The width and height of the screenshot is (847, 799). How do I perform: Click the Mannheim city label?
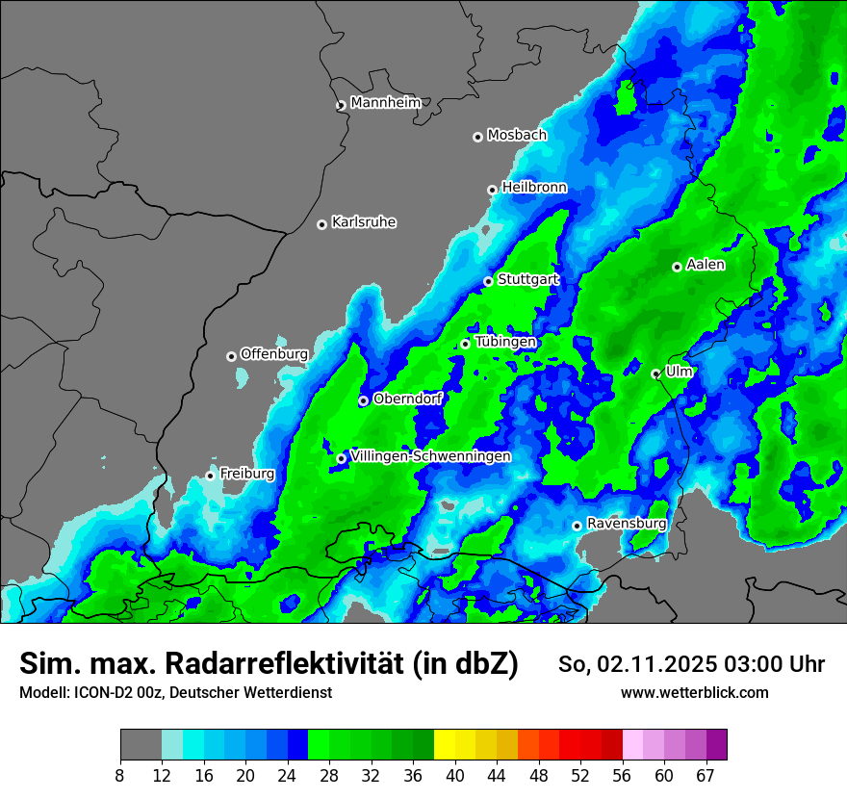(386, 103)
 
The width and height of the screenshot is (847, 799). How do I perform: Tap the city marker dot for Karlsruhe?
(322, 224)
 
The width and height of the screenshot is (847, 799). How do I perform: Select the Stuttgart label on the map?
(528, 279)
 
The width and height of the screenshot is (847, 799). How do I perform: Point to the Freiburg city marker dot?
(210, 476)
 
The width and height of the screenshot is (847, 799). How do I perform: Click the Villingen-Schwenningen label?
(430, 456)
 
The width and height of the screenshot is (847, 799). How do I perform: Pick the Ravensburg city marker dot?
(577, 526)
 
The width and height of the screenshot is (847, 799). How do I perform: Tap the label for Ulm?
(680, 372)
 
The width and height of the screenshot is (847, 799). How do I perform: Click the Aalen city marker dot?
(677, 267)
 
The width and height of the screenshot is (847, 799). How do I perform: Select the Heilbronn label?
(534, 188)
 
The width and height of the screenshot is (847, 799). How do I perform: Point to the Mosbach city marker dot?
(477, 137)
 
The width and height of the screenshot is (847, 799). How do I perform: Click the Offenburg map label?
(274, 354)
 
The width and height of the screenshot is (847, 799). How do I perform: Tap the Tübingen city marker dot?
(465, 344)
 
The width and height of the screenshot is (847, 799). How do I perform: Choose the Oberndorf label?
(407, 399)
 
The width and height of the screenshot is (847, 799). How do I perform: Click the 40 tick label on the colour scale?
(455, 776)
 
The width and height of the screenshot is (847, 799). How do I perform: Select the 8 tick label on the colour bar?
(120, 776)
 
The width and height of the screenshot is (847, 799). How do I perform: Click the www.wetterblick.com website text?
(695, 693)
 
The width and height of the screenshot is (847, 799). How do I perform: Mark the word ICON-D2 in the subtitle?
(94, 693)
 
